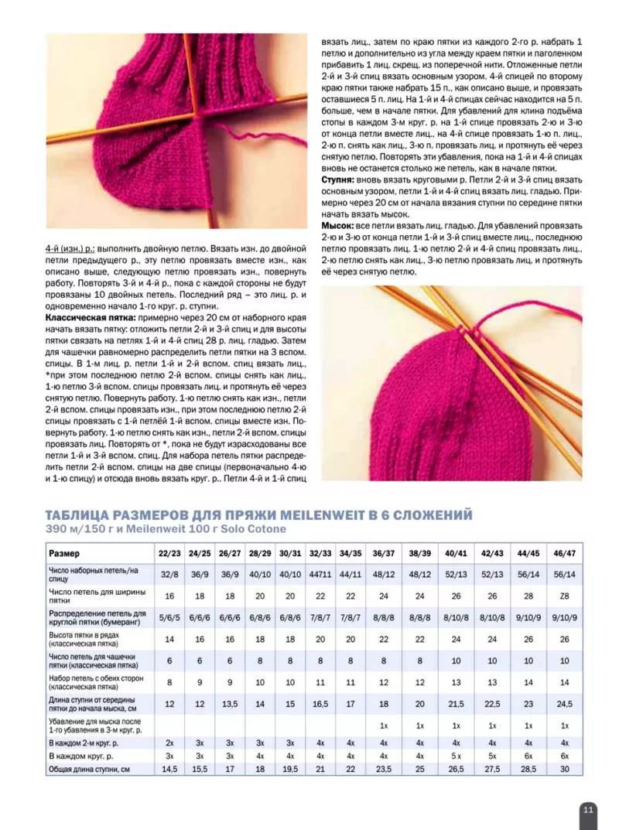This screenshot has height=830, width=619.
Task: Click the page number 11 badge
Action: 587,809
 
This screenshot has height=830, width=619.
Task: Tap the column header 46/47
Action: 565,554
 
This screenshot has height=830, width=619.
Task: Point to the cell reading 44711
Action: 320,574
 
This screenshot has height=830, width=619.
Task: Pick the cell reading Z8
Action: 565,596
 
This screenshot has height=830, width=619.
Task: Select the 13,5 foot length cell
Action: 230,704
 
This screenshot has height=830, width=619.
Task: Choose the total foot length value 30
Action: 565,769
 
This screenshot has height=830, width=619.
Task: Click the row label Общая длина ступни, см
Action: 89,769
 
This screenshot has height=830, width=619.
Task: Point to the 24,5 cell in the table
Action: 565,704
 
